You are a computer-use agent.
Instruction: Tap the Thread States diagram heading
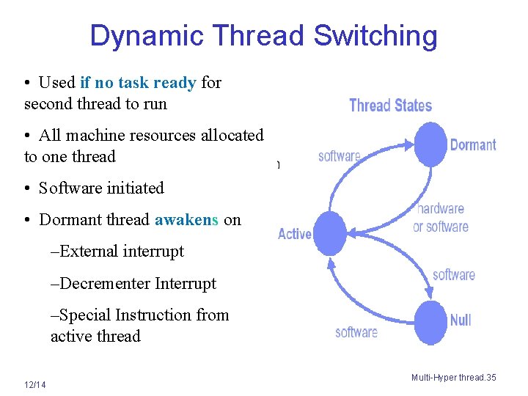click(x=390, y=106)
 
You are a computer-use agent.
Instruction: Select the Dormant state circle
click(x=430, y=144)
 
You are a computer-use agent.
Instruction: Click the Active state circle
click(x=329, y=234)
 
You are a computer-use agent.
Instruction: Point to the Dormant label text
click(x=473, y=145)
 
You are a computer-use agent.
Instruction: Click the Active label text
click(x=295, y=234)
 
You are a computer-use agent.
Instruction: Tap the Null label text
click(x=461, y=320)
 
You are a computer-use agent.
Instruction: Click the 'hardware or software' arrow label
click(x=441, y=218)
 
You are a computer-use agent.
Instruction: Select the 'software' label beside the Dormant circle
click(x=340, y=156)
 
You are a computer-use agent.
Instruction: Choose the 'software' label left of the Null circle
click(x=356, y=332)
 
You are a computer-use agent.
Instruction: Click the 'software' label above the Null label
click(x=453, y=275)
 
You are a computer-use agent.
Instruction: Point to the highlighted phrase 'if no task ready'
click(x=138, y=83)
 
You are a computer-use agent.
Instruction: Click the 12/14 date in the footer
click(x=34, y=386)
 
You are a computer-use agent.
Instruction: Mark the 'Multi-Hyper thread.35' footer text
click(x=453, y=378)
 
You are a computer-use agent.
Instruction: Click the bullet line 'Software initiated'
click(x=101, y=188)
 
